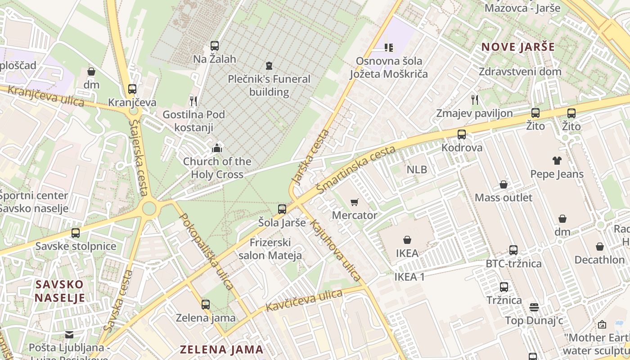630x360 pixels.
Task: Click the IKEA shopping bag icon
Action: coord(407,240)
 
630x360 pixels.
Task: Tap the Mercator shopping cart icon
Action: coord(355,202)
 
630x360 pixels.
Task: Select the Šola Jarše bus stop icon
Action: coord(282,209)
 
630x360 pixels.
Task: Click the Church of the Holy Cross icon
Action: coord(217,148)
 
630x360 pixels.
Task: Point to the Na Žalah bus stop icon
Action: coord(215,45)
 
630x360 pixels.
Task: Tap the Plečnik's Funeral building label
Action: coord(269,85)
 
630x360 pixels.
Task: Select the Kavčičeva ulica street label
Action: coord(304,301)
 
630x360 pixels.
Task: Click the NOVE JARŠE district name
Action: coord(518,47)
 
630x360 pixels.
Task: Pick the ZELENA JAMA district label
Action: coord(221,349)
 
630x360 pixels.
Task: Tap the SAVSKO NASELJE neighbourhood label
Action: coord(59,291)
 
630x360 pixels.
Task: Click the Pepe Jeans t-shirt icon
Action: coord(557,160)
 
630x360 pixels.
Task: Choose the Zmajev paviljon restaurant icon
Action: coord(474,99)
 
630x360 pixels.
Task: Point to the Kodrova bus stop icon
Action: coord(462,134)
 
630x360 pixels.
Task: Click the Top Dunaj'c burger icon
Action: coord(534,307)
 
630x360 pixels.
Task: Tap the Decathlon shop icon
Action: coord(599,247)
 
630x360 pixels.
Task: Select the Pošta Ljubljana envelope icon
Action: coord(69,334)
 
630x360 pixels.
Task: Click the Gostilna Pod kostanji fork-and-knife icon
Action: coord(193,101)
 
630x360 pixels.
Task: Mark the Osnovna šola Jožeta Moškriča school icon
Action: coord(389,47)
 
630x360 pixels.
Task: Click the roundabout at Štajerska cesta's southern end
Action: coord(149,208)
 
